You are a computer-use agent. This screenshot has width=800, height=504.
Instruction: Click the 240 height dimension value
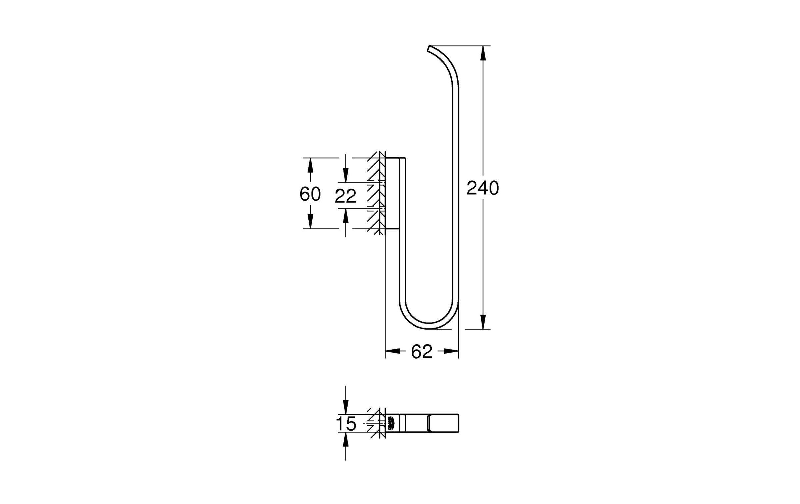coord(482,188)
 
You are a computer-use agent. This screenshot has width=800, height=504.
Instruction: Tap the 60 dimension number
coord(310,194)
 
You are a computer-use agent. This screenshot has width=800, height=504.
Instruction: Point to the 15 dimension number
coord(346,424)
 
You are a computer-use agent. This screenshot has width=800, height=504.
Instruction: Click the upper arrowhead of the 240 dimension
coord(483,53)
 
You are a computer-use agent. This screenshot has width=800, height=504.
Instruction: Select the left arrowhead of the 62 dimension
coord(393,351)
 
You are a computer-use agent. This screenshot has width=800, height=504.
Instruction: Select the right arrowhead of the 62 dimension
coord(451,351)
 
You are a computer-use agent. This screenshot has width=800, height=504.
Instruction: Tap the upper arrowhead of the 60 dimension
coord(310,165)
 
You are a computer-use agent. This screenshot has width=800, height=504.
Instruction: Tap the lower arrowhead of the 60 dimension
coord(310,221)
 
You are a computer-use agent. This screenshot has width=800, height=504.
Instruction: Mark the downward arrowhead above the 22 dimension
coord(346,175)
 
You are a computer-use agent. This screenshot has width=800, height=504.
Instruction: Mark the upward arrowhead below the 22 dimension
coord(346,216)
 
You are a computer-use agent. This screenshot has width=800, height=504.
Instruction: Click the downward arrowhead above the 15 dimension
coord(346,407)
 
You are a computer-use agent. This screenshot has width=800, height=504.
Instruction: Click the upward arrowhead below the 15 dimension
coord(346,440)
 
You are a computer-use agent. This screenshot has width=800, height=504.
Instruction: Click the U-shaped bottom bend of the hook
coord(429,325)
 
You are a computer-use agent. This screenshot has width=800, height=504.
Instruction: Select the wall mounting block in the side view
coord(392,193)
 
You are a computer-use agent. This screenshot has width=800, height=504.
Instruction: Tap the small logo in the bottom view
coord(392,423)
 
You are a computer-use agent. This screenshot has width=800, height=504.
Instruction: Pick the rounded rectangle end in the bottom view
coord(443,423)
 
